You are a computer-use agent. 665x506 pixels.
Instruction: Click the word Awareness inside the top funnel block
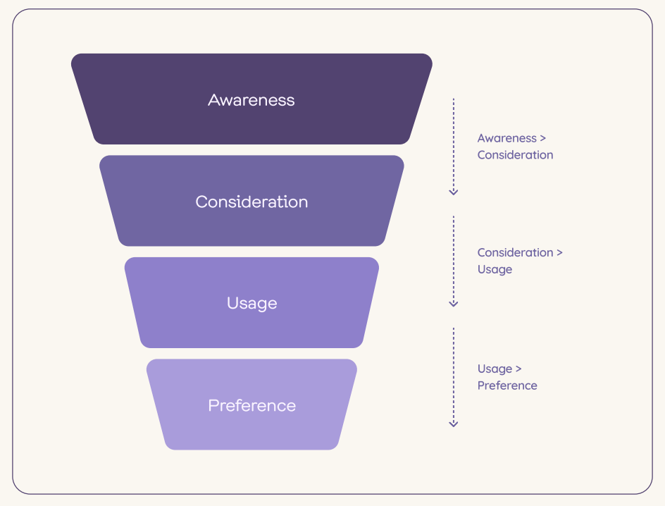point(251,100)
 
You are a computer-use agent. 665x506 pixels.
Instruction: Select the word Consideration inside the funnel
point(251,202)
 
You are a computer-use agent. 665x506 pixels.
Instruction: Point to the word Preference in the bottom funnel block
point(252,405)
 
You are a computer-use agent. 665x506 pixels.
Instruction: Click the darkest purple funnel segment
point(251,99)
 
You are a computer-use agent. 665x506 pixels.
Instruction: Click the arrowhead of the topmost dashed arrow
point(454,192)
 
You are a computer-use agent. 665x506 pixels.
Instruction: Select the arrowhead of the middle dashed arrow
point(454,304)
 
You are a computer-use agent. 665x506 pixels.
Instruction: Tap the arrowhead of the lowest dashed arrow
point(454,424)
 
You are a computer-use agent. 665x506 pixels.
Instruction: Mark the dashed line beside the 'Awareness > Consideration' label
point(454,147)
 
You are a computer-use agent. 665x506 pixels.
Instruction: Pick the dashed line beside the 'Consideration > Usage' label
point(454,261)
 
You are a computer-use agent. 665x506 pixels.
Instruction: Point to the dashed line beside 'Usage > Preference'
point(454,377)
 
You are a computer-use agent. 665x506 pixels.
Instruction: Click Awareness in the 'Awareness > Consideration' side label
point(506,138)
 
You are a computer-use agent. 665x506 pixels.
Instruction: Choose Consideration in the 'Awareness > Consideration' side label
point(515,155)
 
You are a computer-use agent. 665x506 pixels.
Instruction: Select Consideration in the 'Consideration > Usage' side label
point(515,252)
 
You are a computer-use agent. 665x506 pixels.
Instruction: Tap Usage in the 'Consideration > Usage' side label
point(495,270)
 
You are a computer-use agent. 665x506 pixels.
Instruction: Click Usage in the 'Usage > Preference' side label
point(495,369)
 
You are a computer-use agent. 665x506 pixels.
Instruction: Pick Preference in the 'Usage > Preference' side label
point(507,385)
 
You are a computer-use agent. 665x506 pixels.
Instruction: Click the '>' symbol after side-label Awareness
point(543,138)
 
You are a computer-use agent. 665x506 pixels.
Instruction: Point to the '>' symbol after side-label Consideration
point(559,253)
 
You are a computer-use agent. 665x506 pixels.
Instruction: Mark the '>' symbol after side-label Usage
point(518,369)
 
